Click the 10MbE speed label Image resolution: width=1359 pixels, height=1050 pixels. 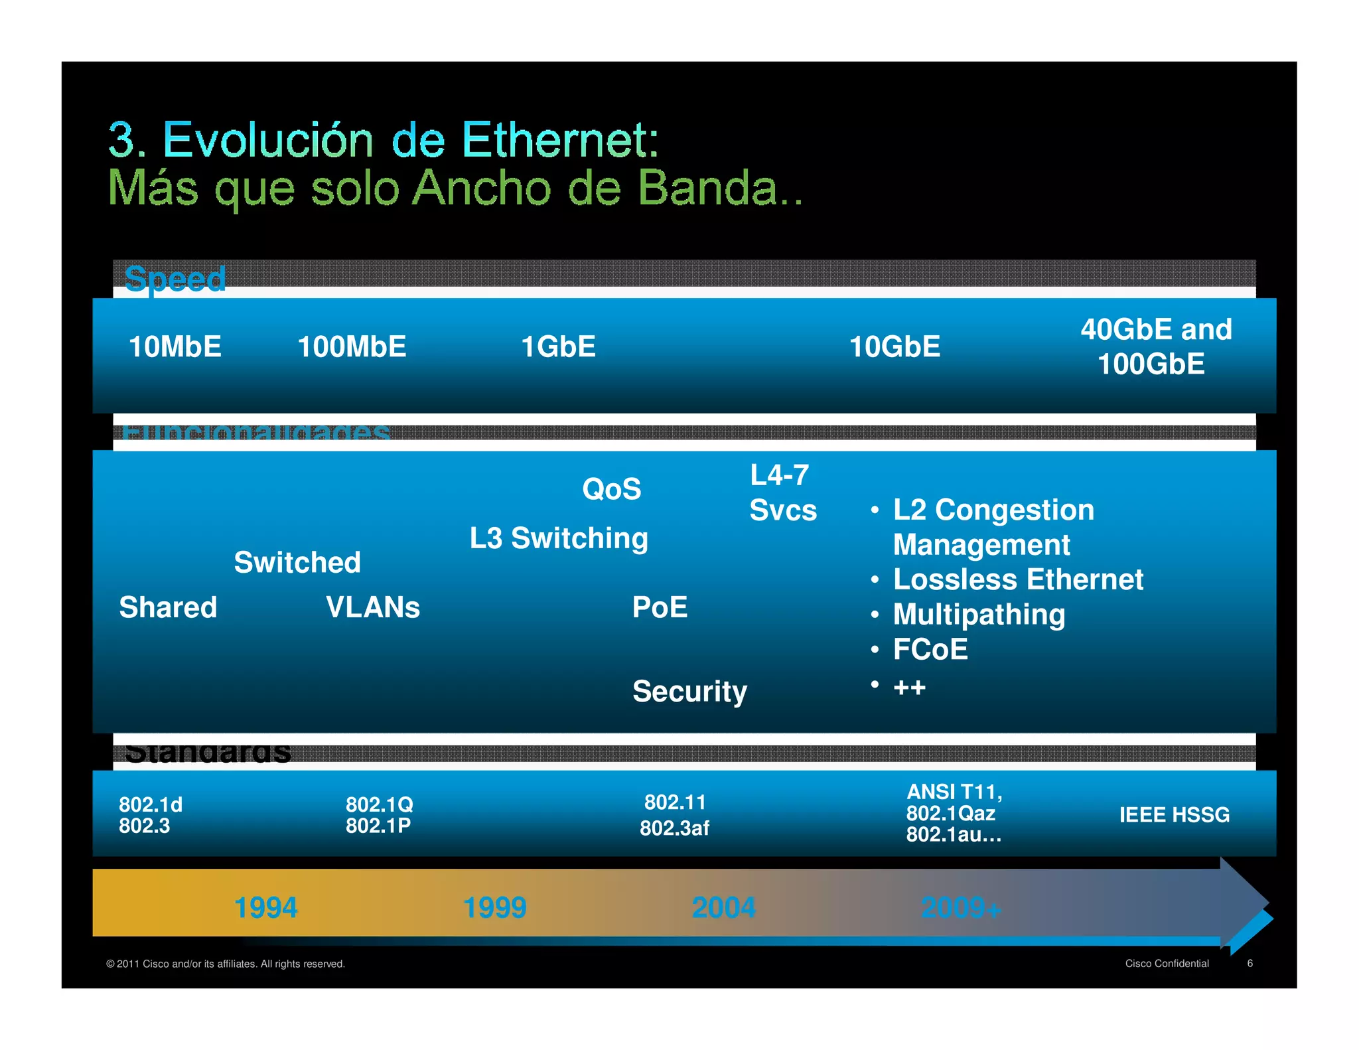175,346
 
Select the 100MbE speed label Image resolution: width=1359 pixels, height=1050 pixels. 352,346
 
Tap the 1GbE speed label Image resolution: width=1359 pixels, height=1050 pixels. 558,346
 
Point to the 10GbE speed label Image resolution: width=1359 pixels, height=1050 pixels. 894,346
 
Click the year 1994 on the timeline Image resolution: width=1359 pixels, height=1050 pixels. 266,907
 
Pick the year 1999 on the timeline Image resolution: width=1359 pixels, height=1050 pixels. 494,907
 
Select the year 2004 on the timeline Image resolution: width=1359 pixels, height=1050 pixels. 723,907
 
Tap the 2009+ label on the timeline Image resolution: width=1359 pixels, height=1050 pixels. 960,907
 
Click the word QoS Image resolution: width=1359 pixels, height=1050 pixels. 611,489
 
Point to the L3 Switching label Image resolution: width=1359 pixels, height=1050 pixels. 559,538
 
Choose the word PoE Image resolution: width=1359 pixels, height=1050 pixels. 660,607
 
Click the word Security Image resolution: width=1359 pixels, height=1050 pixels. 689,692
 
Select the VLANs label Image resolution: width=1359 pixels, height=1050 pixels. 373,607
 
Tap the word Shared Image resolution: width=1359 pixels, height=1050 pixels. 168,607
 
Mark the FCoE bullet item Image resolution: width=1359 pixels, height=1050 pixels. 930,649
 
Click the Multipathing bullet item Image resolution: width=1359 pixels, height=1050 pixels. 979,615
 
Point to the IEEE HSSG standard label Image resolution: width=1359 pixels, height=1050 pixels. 1174,814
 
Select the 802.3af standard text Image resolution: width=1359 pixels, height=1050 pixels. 674,828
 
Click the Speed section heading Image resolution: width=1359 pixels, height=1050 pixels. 175,279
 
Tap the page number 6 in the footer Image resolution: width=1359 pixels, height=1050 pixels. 1250,963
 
